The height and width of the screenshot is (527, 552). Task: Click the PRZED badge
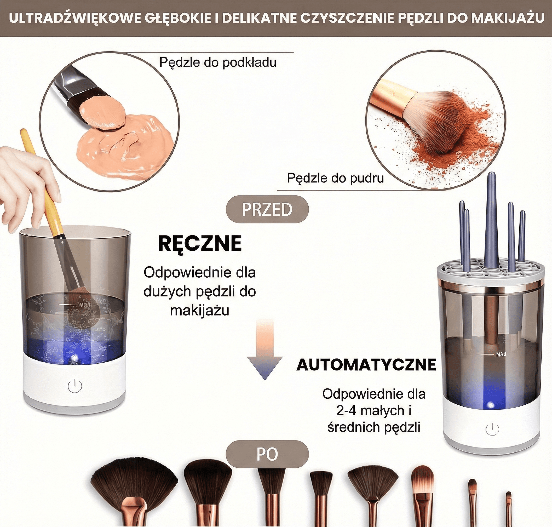tap(267, 210)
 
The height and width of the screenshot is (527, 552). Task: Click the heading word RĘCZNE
tap(200, 243)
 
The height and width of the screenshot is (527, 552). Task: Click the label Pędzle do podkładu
tap(218, 62)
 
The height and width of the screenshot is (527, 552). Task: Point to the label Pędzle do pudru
tap(335, 178)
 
